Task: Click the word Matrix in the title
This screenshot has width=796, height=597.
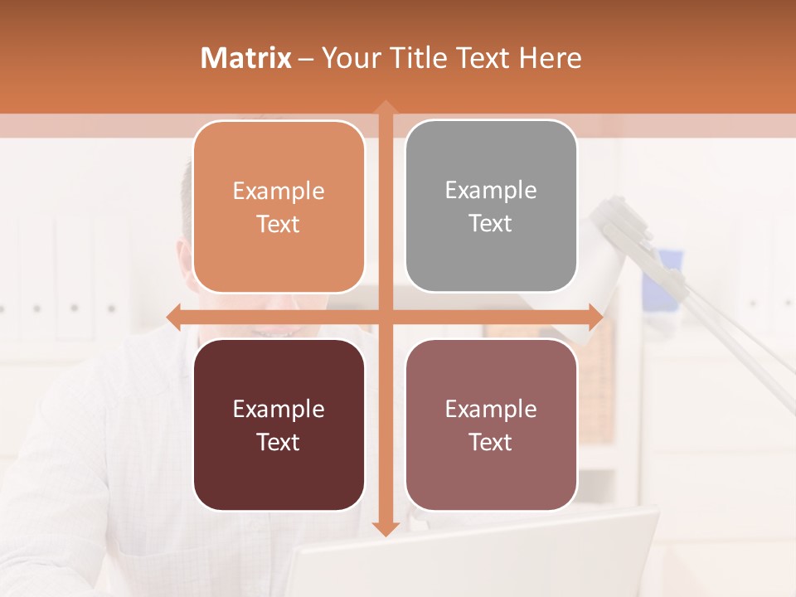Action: (x=246, y=58)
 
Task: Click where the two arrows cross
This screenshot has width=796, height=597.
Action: (x=385, y=317)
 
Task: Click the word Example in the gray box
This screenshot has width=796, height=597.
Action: (x=491, y=191)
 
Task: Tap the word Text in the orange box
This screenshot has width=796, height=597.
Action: (x=279, y=224)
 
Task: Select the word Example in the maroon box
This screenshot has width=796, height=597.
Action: (x=279, y=409)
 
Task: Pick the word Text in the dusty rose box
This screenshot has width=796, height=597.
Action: (x=491, y=442)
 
